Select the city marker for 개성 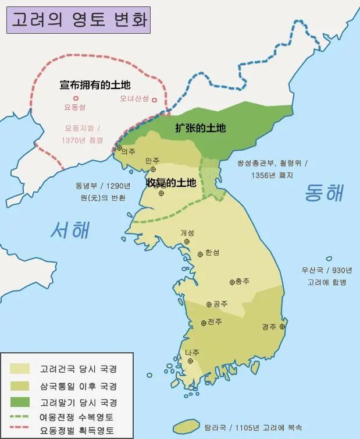click(187, 241)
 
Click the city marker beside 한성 click(201, 253)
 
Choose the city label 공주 click(220, 304)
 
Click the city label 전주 click(215, 323)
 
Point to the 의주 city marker click(120, 148)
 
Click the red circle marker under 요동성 click(76, 98)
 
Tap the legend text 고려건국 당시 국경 click(79, 369)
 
